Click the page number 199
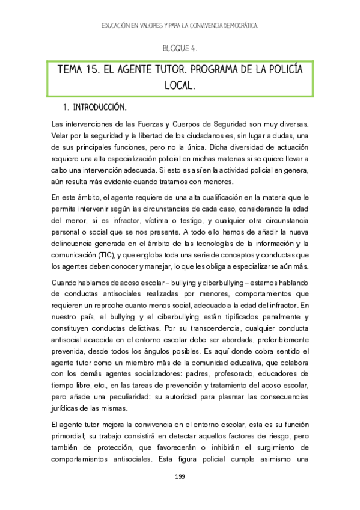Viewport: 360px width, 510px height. [179, 477]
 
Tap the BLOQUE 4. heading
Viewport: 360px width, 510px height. [180, 48]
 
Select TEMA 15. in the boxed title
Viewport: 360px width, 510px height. [78, 70]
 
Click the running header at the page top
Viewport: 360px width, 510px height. [180, 26]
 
